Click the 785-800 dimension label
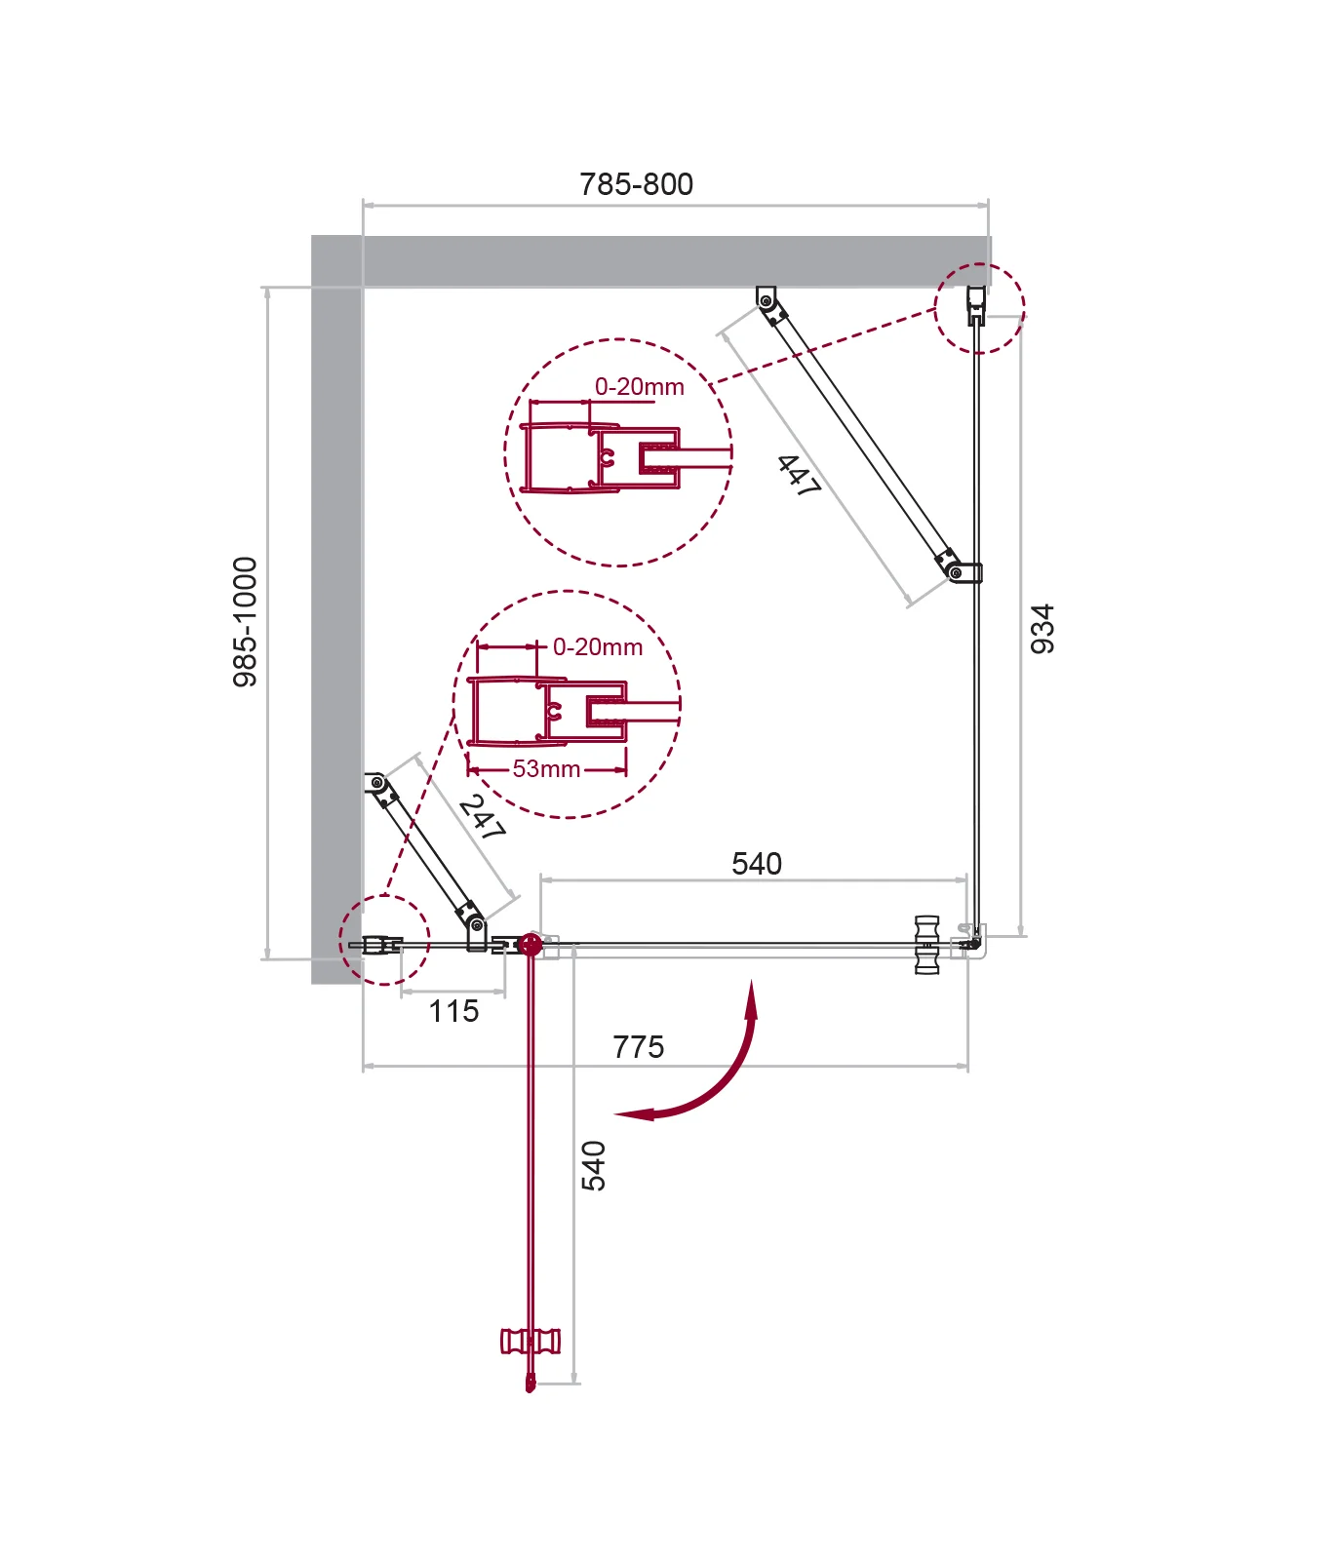click(636, 184)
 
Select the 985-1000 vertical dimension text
click(246, 622)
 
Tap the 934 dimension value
click(1042, 629)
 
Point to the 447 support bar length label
click(799, 476)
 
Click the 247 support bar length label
click(482, 817)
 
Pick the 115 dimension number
click(453, 1011)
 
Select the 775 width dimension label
click(638, 1047)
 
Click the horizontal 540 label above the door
click(757, 864)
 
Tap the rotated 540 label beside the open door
click(593, 1166)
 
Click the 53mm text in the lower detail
click(546, 769)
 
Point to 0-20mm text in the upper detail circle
click(640, 387)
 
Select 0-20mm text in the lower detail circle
click(598, 647)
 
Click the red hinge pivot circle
click(531, 944)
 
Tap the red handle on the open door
click(531, 1342)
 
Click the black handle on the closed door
click(926, 945)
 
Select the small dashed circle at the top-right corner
click(980, 308)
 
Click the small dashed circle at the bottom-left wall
click(384, 940)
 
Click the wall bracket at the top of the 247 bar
click(374, 783)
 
